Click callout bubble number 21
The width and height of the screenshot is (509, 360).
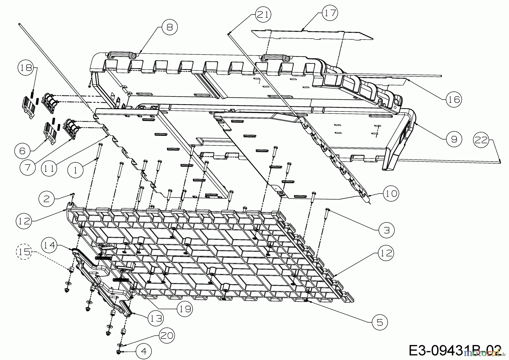tap(263, 14)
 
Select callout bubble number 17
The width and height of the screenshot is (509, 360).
tap(330, 13)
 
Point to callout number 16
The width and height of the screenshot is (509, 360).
tap(454, 99)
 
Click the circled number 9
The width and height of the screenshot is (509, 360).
tap(454, 139)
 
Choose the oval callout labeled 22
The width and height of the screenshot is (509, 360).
tap(481, 140)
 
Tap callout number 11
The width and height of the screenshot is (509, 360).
tap(49, 169)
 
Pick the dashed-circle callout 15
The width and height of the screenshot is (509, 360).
tap(24, 252)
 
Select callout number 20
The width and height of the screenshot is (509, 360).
tap(167, 336)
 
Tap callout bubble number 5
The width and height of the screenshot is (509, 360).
tap(379, 322)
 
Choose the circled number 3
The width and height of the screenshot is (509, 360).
tap(386, 230)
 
